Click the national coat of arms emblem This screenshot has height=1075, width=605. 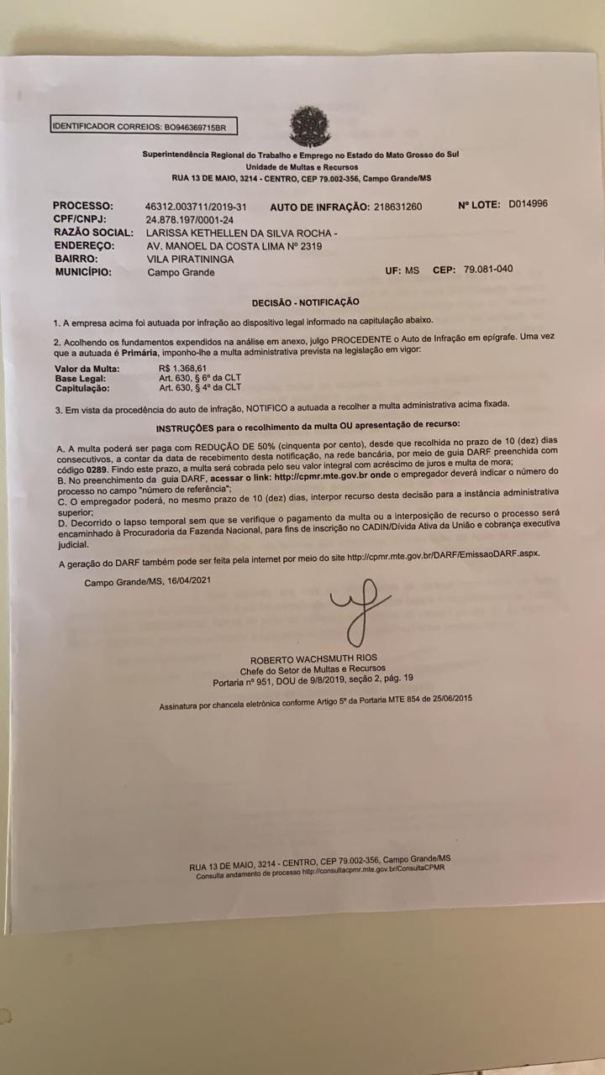point(309,127)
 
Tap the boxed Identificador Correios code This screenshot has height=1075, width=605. point(143,127)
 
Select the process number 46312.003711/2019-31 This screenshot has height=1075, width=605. point(196,207)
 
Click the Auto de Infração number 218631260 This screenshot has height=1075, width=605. point(397,207)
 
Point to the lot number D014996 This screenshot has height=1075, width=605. point(528,204)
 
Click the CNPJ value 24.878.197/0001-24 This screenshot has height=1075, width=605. point(190,219)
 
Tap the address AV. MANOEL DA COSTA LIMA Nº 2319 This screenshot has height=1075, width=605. point(234,246)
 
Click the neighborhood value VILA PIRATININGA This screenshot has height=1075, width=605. point(190,260)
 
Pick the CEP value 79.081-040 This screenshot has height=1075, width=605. point(487,270)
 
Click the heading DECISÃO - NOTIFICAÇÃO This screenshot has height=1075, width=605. point(305,302)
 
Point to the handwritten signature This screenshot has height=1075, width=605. point(359,609)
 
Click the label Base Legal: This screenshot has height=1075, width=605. point(81,378)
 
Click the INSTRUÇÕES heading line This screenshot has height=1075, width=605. point(308,427)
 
